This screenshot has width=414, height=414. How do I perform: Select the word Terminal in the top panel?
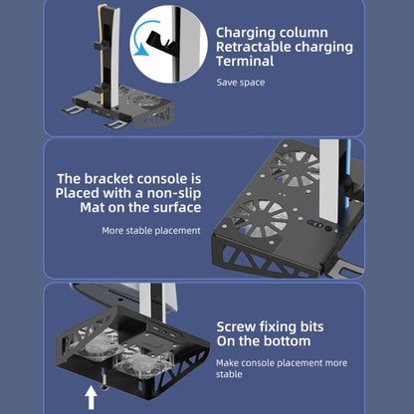pos(249,61)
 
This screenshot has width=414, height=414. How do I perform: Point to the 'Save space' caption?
pos(241,82)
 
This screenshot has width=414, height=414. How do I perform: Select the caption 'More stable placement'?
pos(150,230)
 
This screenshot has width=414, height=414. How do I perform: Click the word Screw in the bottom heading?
pos(239,326)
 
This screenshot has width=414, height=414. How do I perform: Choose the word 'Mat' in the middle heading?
pos(97,207)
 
